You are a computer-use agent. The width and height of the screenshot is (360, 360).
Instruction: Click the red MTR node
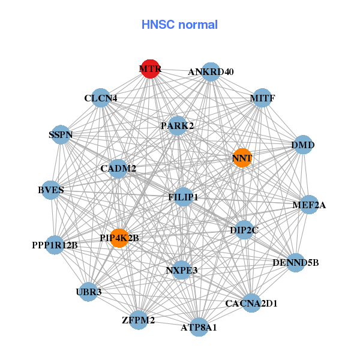[x=150, y=69]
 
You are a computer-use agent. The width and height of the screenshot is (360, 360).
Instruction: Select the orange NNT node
[x=242, y=158]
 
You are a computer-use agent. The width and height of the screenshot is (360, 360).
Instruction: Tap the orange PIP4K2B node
[x=119, y=238]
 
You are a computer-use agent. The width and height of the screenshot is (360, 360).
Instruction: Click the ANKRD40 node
[x=210, y=72]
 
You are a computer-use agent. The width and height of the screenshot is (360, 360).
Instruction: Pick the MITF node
[x=262, y=98]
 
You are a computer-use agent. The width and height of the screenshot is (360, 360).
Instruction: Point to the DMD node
[x=303, y=145]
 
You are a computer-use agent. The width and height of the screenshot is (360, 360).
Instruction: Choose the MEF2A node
[x=309, y=205]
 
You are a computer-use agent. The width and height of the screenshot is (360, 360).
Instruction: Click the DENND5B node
[x=295, y=262]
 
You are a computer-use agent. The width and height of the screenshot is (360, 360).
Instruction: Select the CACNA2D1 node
[x=251, y=303]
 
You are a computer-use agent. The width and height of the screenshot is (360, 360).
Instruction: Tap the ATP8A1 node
[x=199, y=327]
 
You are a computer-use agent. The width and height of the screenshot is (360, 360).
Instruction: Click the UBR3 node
[x=89, y=292]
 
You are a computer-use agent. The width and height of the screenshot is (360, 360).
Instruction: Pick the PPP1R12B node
[x=55, y=245]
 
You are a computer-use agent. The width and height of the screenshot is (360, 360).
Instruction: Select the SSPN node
[x=61, y=135]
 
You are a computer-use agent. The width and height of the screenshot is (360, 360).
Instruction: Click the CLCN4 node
[x=101, y=98]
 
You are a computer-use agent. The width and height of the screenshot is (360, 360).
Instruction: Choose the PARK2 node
[x=177, y=126]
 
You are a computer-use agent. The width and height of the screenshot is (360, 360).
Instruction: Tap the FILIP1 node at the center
[x=184, y=197]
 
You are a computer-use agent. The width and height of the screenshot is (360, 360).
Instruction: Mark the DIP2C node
[x=244, y=230]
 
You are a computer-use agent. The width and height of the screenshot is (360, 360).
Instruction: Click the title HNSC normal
[x=179, y=25]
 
